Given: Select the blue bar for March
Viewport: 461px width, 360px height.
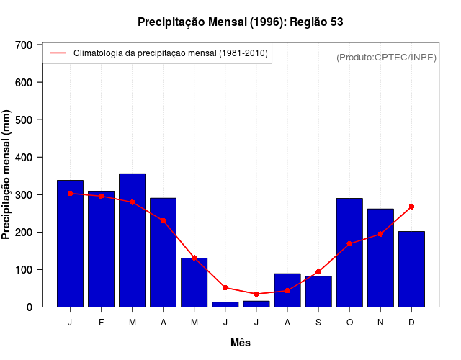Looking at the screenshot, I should click(132, 240).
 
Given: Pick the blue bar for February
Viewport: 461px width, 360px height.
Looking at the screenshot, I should click(101, 249).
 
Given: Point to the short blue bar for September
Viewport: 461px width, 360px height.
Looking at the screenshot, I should click(318, 292).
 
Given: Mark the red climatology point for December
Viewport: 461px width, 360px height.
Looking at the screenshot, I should click(411, 207).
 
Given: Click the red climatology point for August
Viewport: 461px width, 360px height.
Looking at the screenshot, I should click(287, 291).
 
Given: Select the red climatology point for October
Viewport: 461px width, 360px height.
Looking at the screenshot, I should click(349, 244).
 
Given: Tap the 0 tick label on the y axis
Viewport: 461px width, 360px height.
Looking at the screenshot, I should click(29, 307).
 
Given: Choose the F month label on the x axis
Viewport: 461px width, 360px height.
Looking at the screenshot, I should click(101, 323).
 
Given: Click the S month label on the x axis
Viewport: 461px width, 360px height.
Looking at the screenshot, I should click(318, 323).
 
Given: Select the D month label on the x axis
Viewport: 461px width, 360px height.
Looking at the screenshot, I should click(411, 323).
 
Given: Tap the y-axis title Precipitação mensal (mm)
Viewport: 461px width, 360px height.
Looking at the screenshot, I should click(7, 175).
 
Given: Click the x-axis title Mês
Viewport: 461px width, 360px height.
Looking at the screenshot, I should click(241, 343).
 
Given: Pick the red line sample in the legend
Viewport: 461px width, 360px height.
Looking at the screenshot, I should click(58, 53).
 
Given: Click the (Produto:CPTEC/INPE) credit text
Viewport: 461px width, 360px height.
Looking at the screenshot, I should click(386, 57).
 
